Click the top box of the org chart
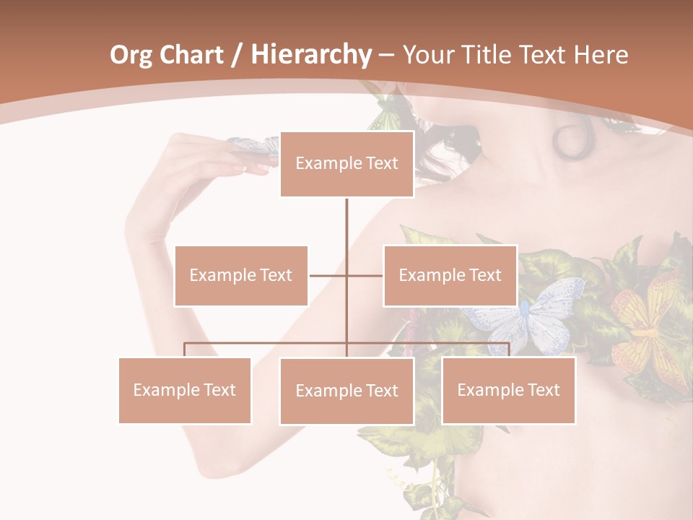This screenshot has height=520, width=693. tap(346, 164)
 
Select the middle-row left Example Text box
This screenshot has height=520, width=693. tap(240, 275)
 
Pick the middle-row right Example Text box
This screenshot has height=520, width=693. tap(450, 275)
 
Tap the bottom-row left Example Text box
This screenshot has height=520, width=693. tap(185, 390)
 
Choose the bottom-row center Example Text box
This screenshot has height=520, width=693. tap(346, 391)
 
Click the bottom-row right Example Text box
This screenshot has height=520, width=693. tap(508, 390)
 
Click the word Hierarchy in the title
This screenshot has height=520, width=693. tap(311, 55)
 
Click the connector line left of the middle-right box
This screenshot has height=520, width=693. tap(365, 275)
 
